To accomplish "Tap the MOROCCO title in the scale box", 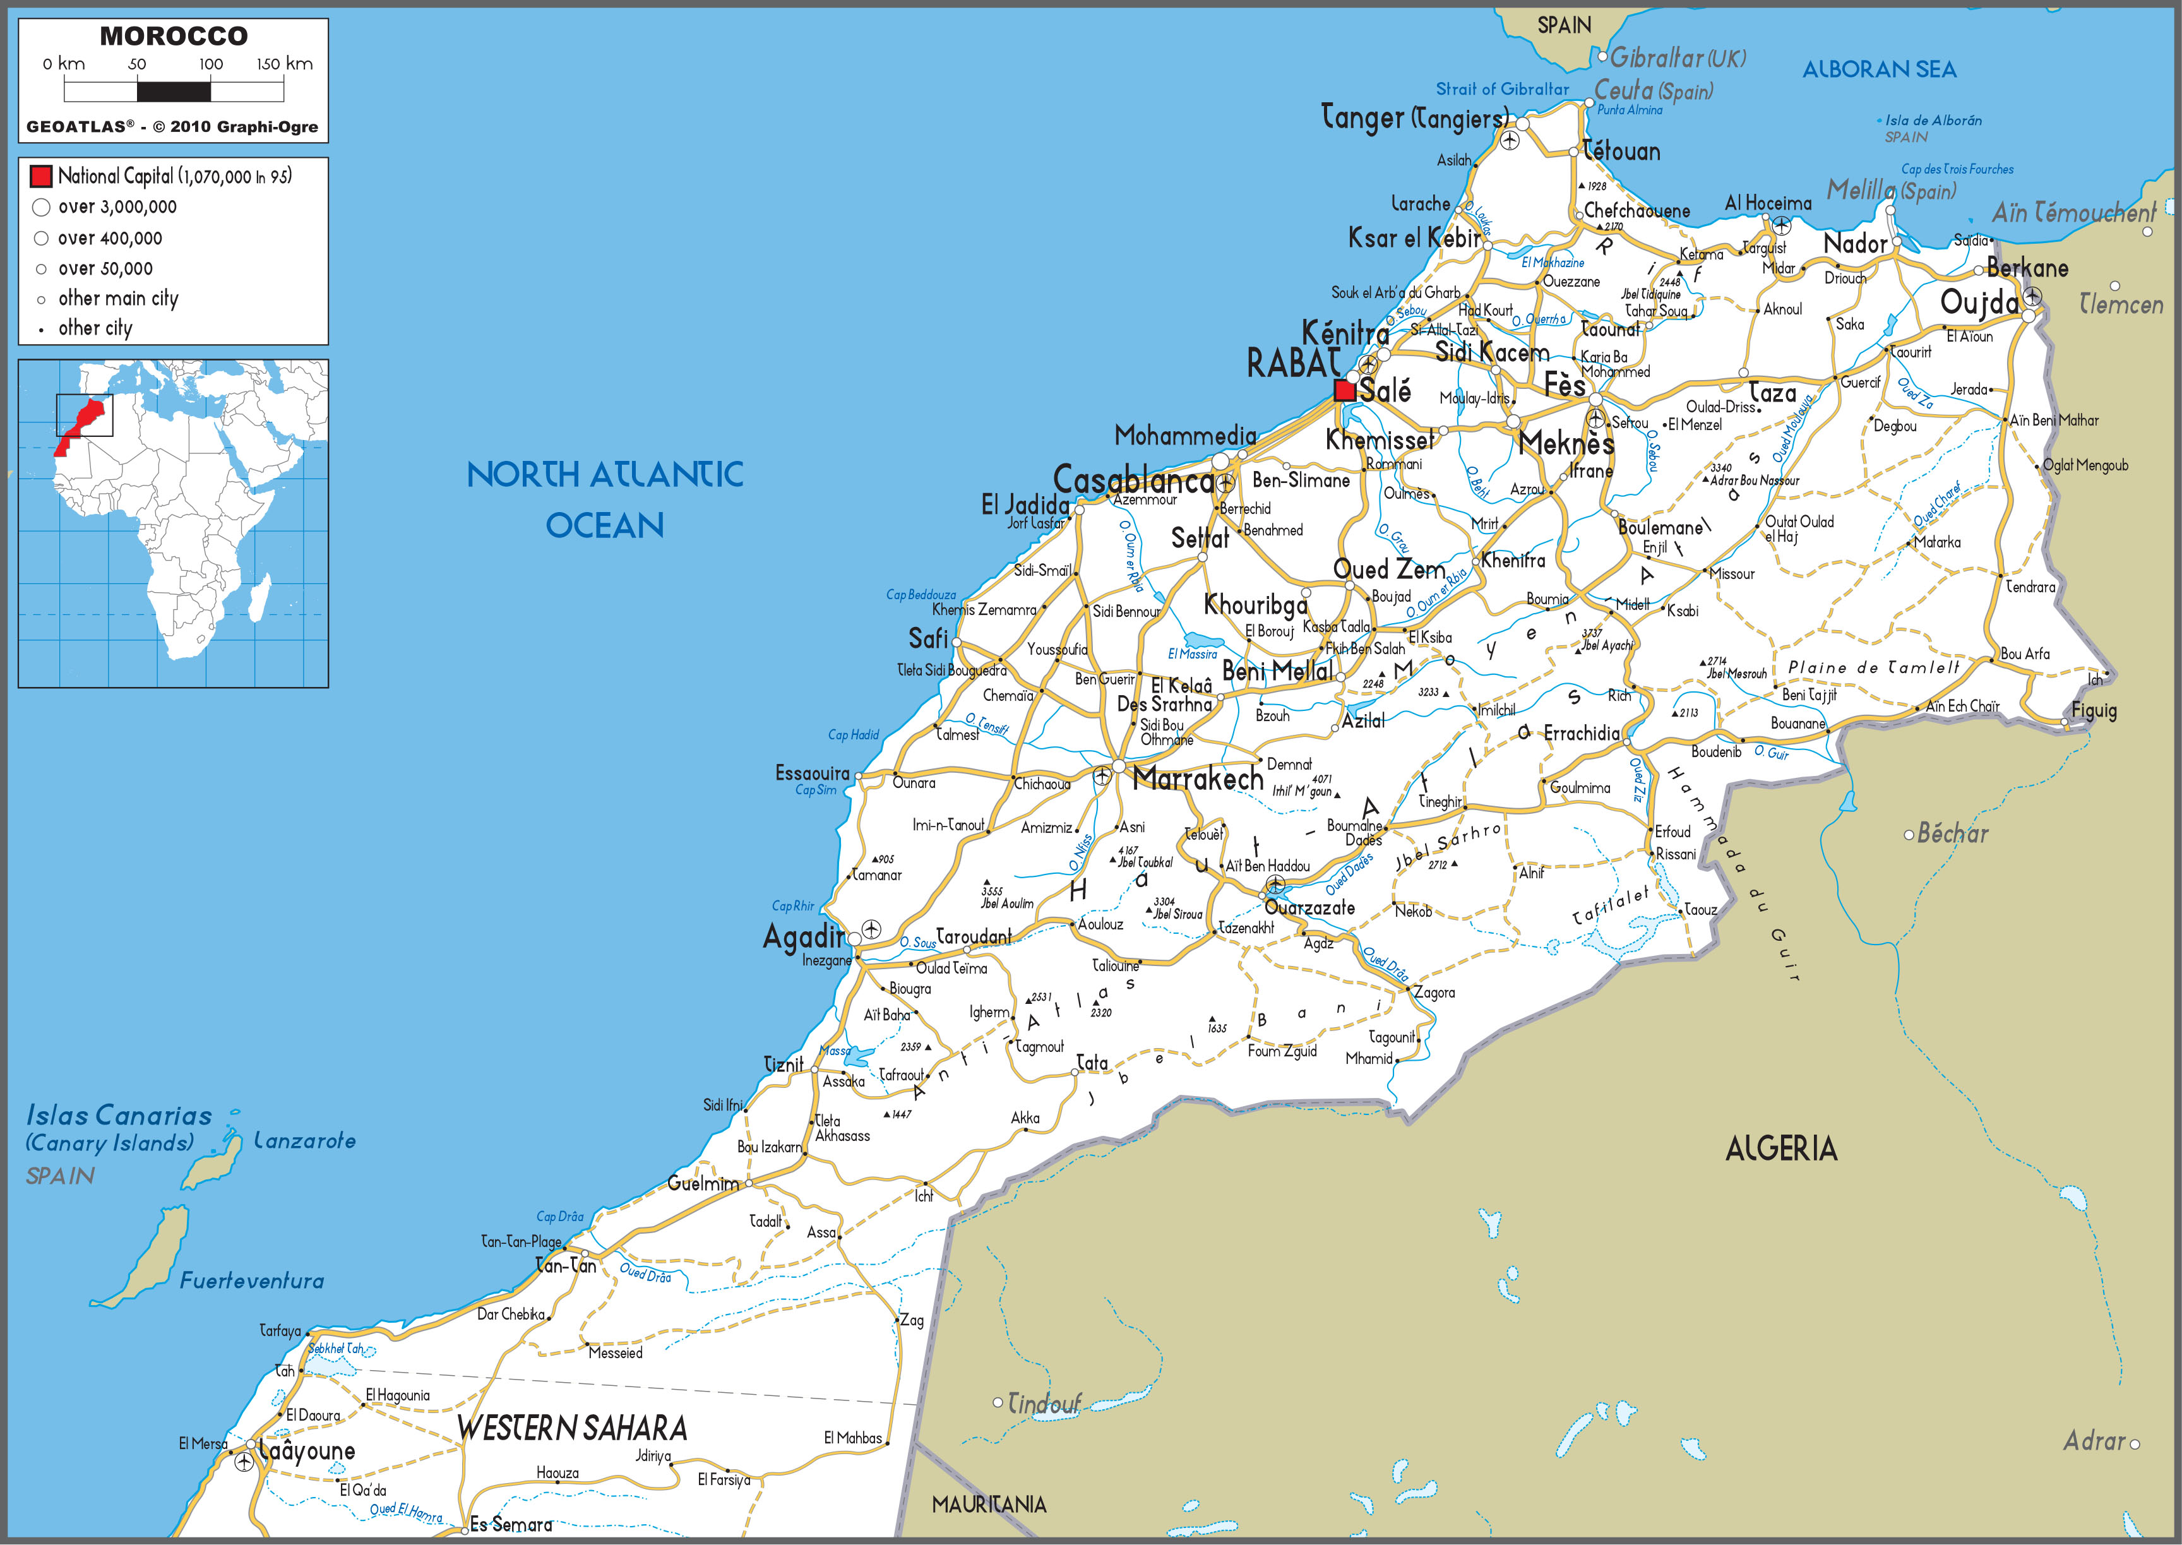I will coord(174,36).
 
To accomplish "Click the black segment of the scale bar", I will coord(174,92).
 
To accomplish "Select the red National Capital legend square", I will coord(41,176).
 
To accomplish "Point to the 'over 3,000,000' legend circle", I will coord(41,207).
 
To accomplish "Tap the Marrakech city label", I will coord(1198,779).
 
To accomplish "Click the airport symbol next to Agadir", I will coord(870,929).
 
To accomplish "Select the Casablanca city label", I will coord(1133,480).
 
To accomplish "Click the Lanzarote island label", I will coord(304,1141).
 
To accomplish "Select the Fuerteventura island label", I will coord(252,1280).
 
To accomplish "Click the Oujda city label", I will coord(1979,302).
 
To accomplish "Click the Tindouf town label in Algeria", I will coord(1044,1403).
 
